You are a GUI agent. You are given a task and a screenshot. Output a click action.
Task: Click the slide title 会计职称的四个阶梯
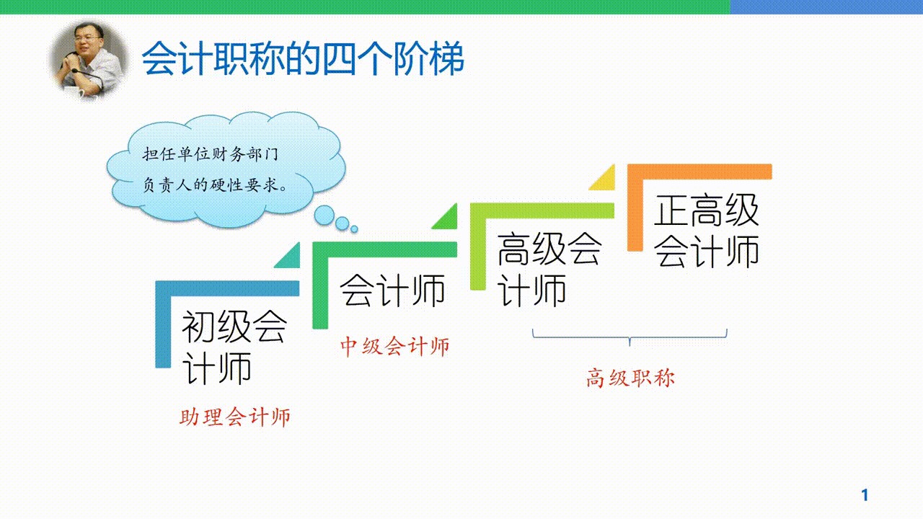pos(303,58)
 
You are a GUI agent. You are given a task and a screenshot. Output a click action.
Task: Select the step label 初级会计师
pos(234,347)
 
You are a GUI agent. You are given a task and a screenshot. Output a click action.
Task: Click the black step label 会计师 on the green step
pos(392,290)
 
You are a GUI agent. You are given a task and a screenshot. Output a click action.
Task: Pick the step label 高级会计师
pos(549,269)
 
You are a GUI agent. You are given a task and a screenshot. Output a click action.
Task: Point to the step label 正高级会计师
pos(706,231)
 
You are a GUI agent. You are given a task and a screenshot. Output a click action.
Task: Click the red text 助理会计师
pos(235,417)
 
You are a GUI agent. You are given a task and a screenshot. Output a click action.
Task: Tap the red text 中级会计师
pos(394,347)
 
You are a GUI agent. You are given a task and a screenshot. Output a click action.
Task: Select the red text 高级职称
pos(630,378)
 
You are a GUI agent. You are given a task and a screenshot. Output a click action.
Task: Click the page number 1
pos(865,494)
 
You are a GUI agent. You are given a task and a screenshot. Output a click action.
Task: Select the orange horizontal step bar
pos(699,172)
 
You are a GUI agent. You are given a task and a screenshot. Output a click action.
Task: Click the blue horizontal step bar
pos(227,288)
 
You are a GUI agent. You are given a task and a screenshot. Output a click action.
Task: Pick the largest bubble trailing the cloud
pos(324,215)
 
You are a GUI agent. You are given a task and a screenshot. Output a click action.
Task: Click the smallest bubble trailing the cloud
pos(354,229)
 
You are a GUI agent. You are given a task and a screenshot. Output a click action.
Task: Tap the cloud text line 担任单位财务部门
pos(210,154)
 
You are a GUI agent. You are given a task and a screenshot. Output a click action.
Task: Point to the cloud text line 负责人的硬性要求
pos(215,185)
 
